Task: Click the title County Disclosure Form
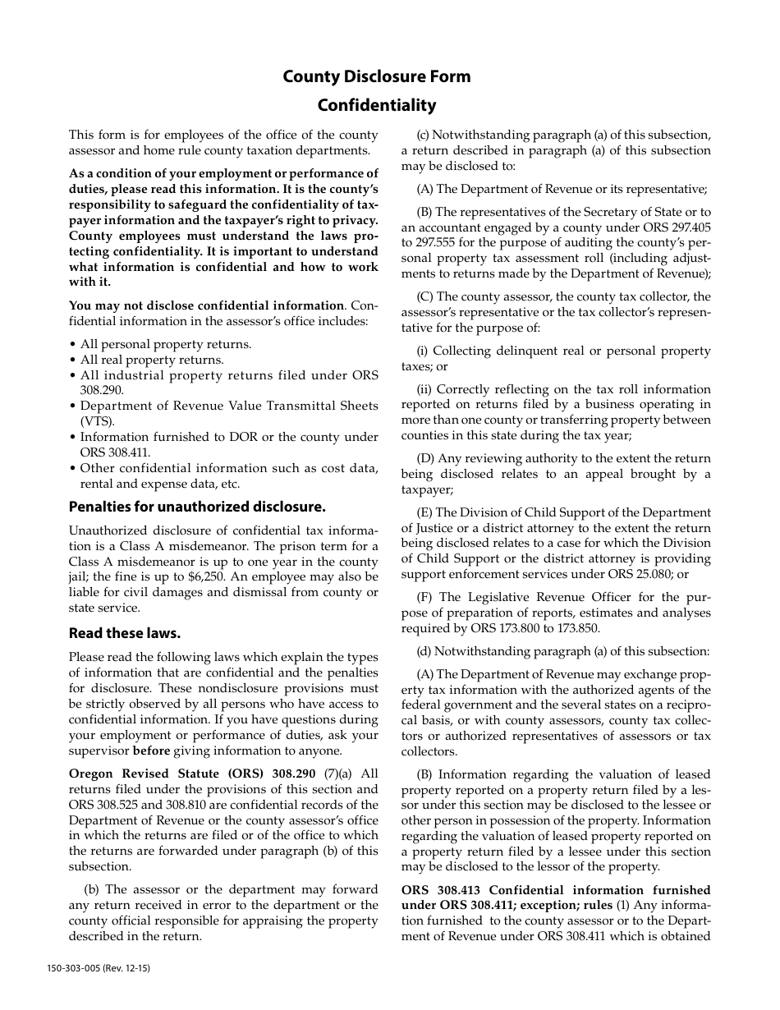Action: point(377,76)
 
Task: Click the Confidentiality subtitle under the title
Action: point(377,105)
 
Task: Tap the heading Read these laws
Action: point(125,633)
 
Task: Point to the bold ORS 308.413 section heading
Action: point(555,890)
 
